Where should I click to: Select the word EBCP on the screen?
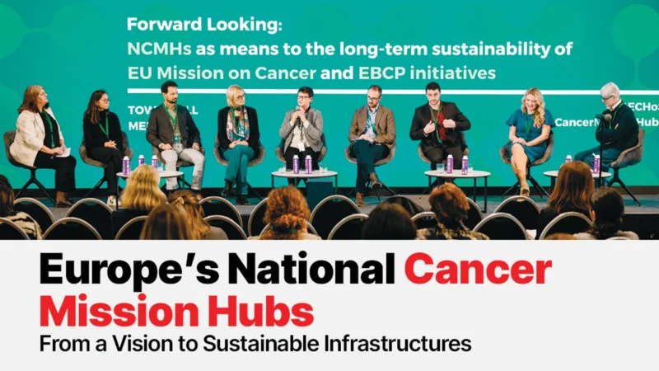click(388, 73)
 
